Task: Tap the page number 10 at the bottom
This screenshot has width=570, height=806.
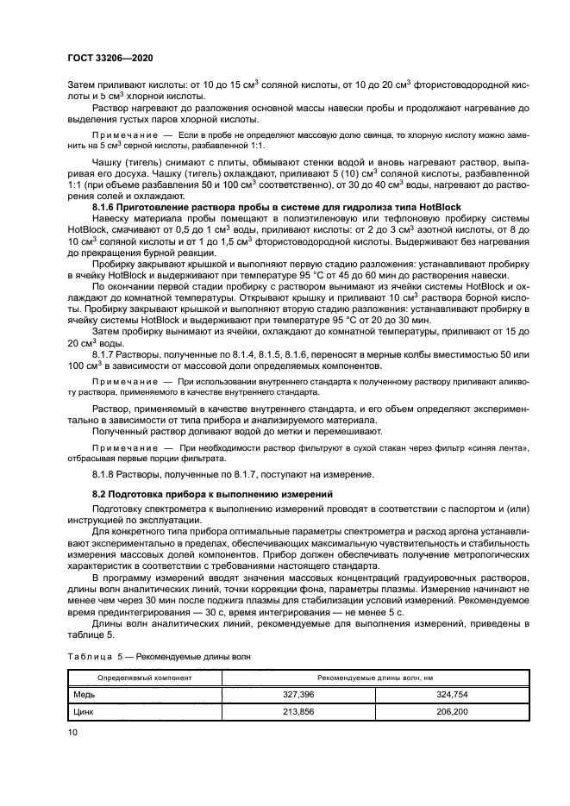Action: coord(73,731)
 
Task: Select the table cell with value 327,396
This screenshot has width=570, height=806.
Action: coord(298,692)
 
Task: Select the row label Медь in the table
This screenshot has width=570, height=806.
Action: coord(83,692)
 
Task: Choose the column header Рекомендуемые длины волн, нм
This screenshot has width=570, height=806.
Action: coord(375,677)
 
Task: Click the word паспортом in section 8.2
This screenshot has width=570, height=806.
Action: coord(455,509)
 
